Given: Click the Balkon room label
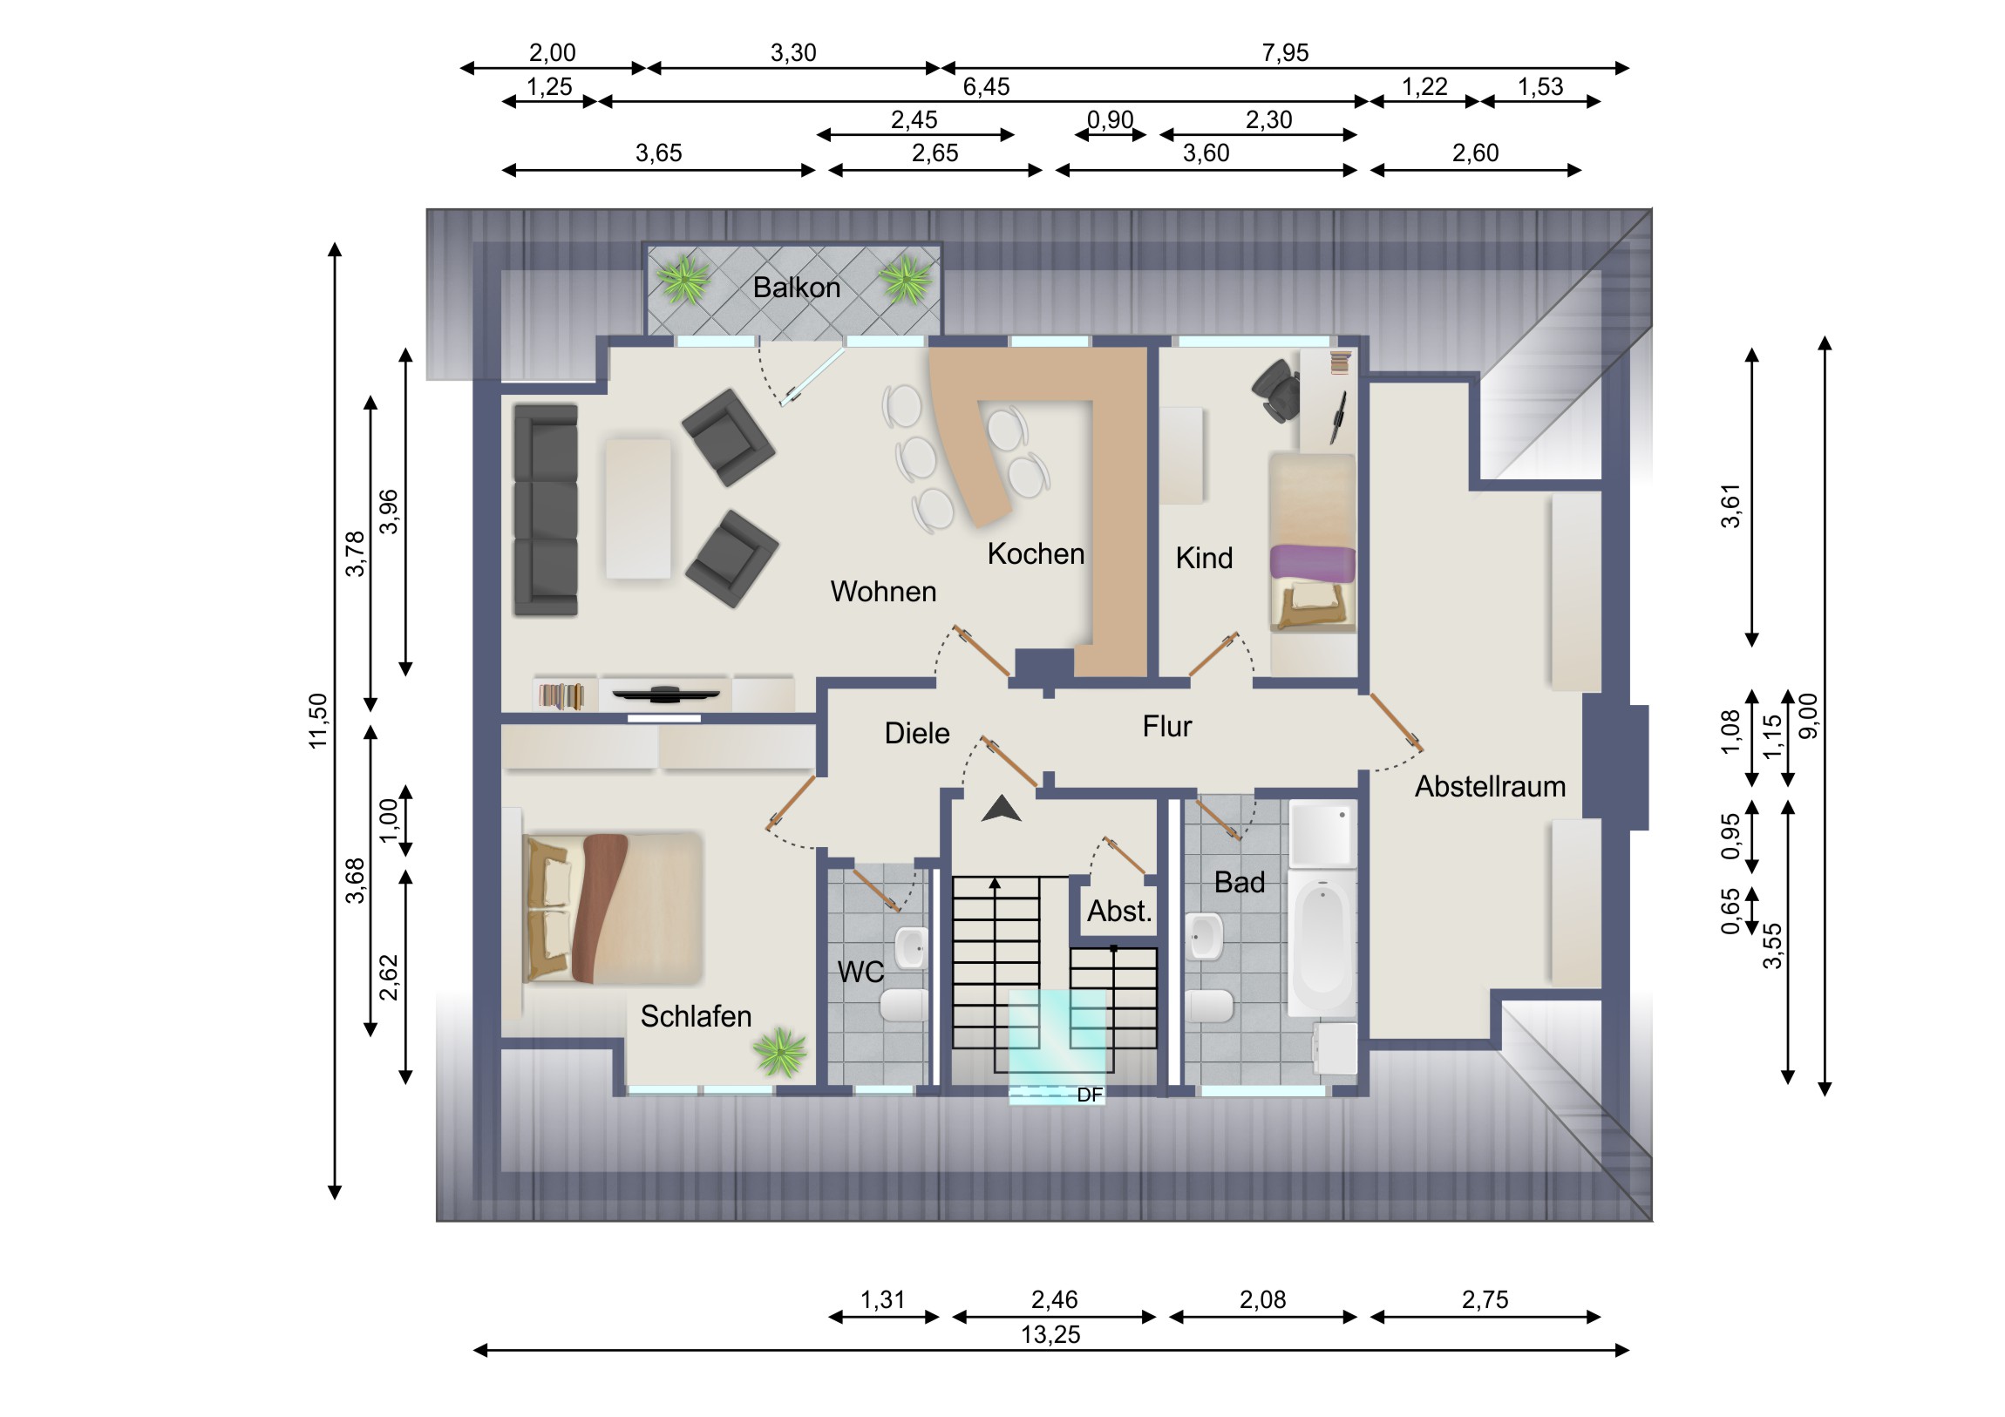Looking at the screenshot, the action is (797, 288).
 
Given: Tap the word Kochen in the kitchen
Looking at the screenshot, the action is (1036, 553).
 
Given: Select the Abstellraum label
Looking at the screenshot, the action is (1490, 787).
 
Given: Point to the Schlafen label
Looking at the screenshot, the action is (696, 1016).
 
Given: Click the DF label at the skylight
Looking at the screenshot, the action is (1090, 1095).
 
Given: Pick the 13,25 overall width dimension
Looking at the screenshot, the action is (1050, 1335).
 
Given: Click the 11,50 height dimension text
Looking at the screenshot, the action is (318, 721).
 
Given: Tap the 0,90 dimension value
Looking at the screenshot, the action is (1110, 119).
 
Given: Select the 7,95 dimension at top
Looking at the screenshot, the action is (1285, 53).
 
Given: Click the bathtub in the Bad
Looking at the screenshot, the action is (1322, 943).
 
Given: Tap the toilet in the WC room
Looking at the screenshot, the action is (904, 1005).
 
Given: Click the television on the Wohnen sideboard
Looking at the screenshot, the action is (665, 694).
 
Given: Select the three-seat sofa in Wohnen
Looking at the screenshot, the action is (546, 510).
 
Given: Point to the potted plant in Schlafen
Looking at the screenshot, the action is (780, 1052).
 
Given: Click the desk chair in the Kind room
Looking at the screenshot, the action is (1277, 390).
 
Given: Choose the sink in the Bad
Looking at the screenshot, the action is (1204, 936).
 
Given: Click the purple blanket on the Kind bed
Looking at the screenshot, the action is (1313, 562).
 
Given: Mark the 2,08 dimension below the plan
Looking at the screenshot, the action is (1263, 1300).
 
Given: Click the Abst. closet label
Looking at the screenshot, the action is (1119, 912).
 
